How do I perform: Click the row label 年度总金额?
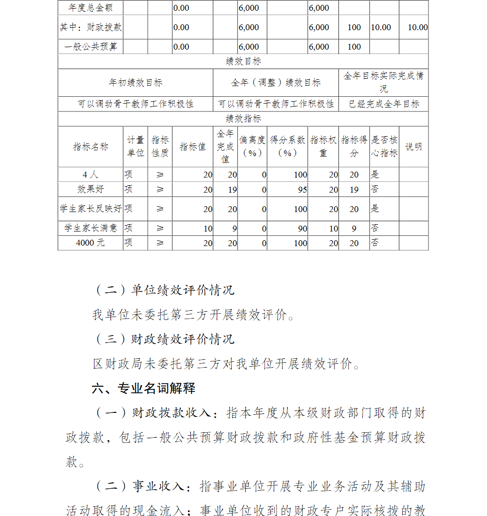pos(90,8)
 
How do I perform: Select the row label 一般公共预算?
pos(90,47)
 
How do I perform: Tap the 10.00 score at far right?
pos(417,27)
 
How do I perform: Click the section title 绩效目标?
pos(243,61)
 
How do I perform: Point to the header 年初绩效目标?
pos(135,83)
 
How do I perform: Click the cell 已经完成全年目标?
pos(384,104)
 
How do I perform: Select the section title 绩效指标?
pos(243,119)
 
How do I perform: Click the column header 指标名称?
pos(91,147)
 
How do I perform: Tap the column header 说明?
pos(413,147)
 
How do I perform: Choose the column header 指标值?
pos(192,147)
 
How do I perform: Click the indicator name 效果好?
pos(91,189)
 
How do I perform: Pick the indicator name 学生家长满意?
pos(91,228)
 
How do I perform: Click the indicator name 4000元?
pos(91,243)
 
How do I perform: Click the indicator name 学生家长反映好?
pos(91,209)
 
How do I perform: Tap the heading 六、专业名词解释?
pos(144,388)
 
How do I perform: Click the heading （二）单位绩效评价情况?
pos(164,290)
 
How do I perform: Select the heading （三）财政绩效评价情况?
pos(164,339)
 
